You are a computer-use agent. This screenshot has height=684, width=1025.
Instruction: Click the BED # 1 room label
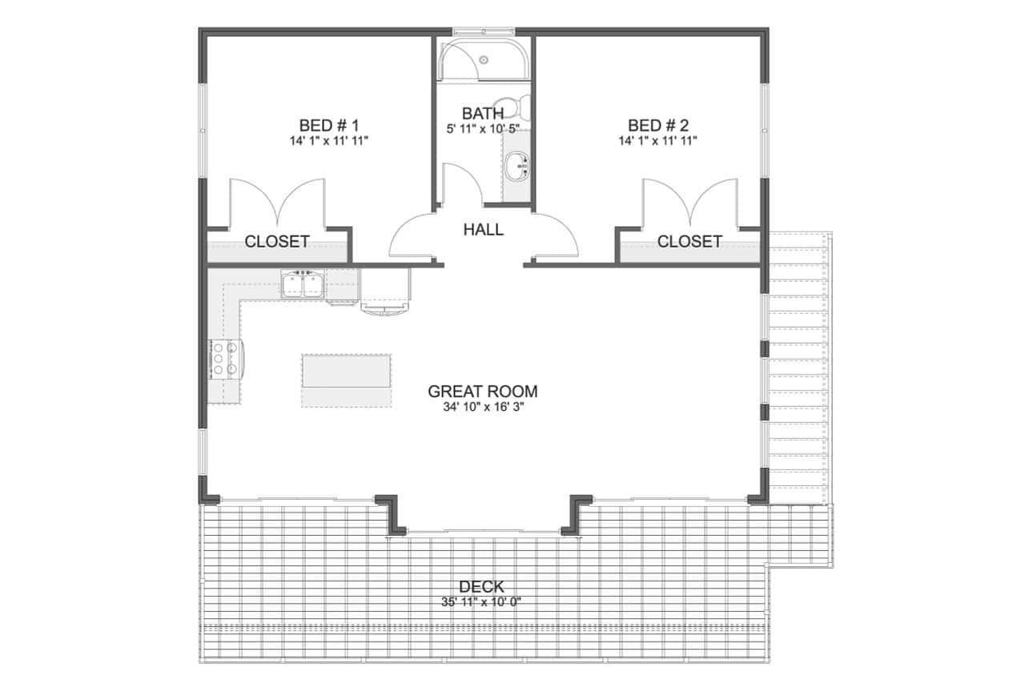(x=329, y=125)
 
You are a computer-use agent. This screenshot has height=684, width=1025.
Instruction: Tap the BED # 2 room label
(x=658, y=125)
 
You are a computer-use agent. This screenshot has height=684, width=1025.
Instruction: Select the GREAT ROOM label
(x=482, y=392)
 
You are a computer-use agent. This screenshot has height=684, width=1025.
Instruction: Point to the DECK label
(x=482, y=587)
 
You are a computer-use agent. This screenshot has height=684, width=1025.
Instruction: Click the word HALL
(x=484, y=230)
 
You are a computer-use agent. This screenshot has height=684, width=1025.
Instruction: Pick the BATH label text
(x=483, y=114)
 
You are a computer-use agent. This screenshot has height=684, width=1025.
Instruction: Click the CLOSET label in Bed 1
(x=277, y=241)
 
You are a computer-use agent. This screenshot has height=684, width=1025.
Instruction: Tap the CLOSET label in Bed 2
(x=689, y=241)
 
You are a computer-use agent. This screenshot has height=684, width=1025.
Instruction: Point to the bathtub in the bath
(x=484, y=58)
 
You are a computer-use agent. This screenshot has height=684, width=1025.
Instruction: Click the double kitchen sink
(x=303, y=285)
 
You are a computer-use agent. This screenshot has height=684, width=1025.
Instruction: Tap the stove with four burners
(x=225, y=359)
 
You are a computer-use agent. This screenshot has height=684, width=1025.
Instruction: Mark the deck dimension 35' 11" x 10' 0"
(x=482, y=602)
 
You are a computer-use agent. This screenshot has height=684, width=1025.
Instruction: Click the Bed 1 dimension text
(x=329, y=141)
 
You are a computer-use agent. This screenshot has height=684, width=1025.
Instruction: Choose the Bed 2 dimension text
(x=658, y=141)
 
